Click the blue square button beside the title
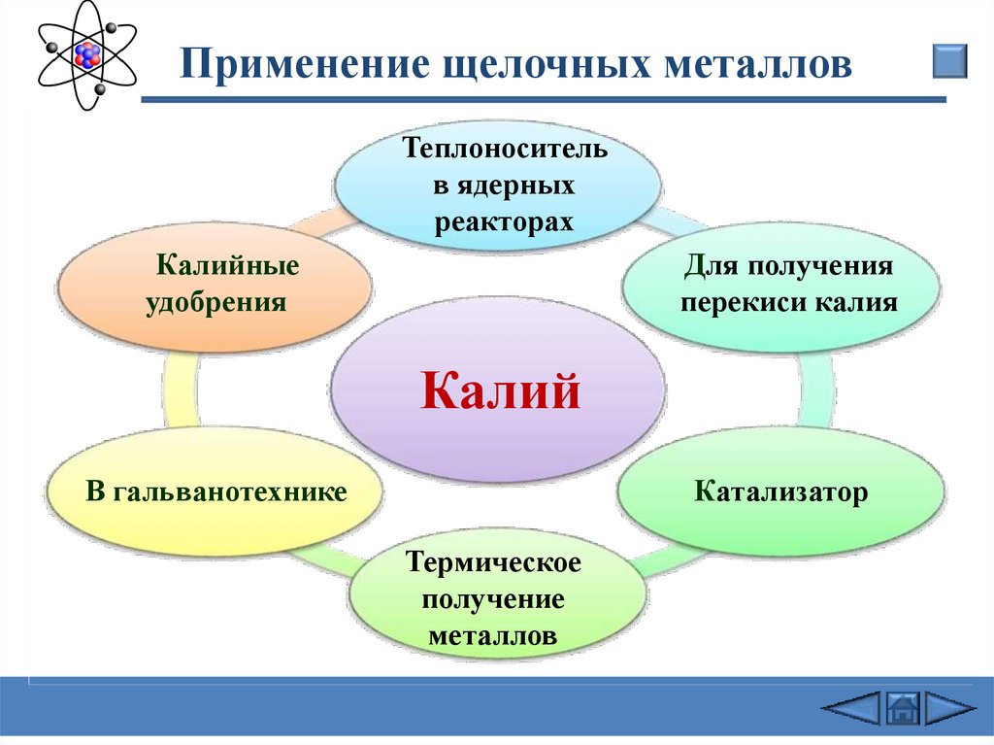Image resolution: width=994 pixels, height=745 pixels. point(949,60)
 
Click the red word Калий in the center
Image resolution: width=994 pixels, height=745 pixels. point(500,391)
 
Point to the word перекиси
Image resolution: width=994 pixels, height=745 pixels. point(743,301)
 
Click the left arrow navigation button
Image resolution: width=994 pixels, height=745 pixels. point(851,707)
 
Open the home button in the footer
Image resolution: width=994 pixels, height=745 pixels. point(903,707)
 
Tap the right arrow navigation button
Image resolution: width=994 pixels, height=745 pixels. point(949,707)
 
